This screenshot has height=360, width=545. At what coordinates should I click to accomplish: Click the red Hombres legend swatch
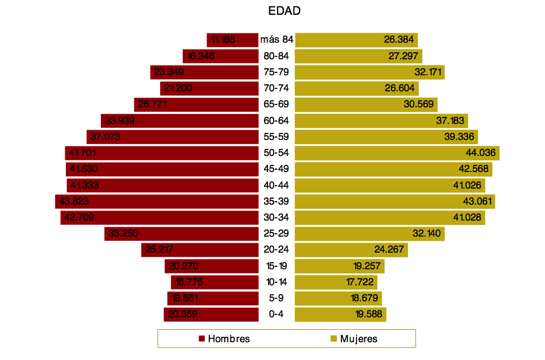(202, 339)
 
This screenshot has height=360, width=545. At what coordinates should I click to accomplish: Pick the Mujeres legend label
(358, 339)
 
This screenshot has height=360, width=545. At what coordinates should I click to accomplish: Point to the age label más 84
(277, 40)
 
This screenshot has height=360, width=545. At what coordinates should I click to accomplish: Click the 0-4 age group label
(276, 314)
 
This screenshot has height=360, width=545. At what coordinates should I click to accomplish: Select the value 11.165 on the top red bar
(224, 40)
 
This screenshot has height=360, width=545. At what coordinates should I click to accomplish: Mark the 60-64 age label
(276, 121)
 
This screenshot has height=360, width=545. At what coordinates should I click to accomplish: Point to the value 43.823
(75, 202)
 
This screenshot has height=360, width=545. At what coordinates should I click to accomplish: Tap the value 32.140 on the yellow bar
(427, 234)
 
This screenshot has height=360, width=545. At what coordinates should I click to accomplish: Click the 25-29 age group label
(276, 234)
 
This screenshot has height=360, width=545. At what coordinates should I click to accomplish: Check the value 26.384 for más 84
(399, 40)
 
